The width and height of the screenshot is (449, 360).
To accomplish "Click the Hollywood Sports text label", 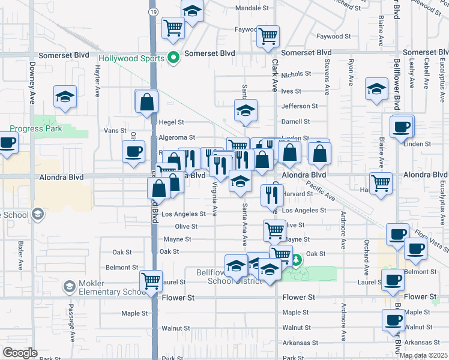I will [x=131, y=58].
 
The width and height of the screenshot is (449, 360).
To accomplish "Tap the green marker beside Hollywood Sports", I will [x=174, y=58].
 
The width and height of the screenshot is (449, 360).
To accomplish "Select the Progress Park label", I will [x=35, y=128].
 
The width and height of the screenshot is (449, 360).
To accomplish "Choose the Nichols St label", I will [x=296, y=74].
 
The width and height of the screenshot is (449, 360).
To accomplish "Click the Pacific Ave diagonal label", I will [x=320, y=190].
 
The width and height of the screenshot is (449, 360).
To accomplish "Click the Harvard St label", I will [x=298, y=194].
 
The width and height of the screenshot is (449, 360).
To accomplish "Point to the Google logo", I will [x=20, y=353].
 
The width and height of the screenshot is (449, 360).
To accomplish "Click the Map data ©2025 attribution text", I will [x=423, y=355].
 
